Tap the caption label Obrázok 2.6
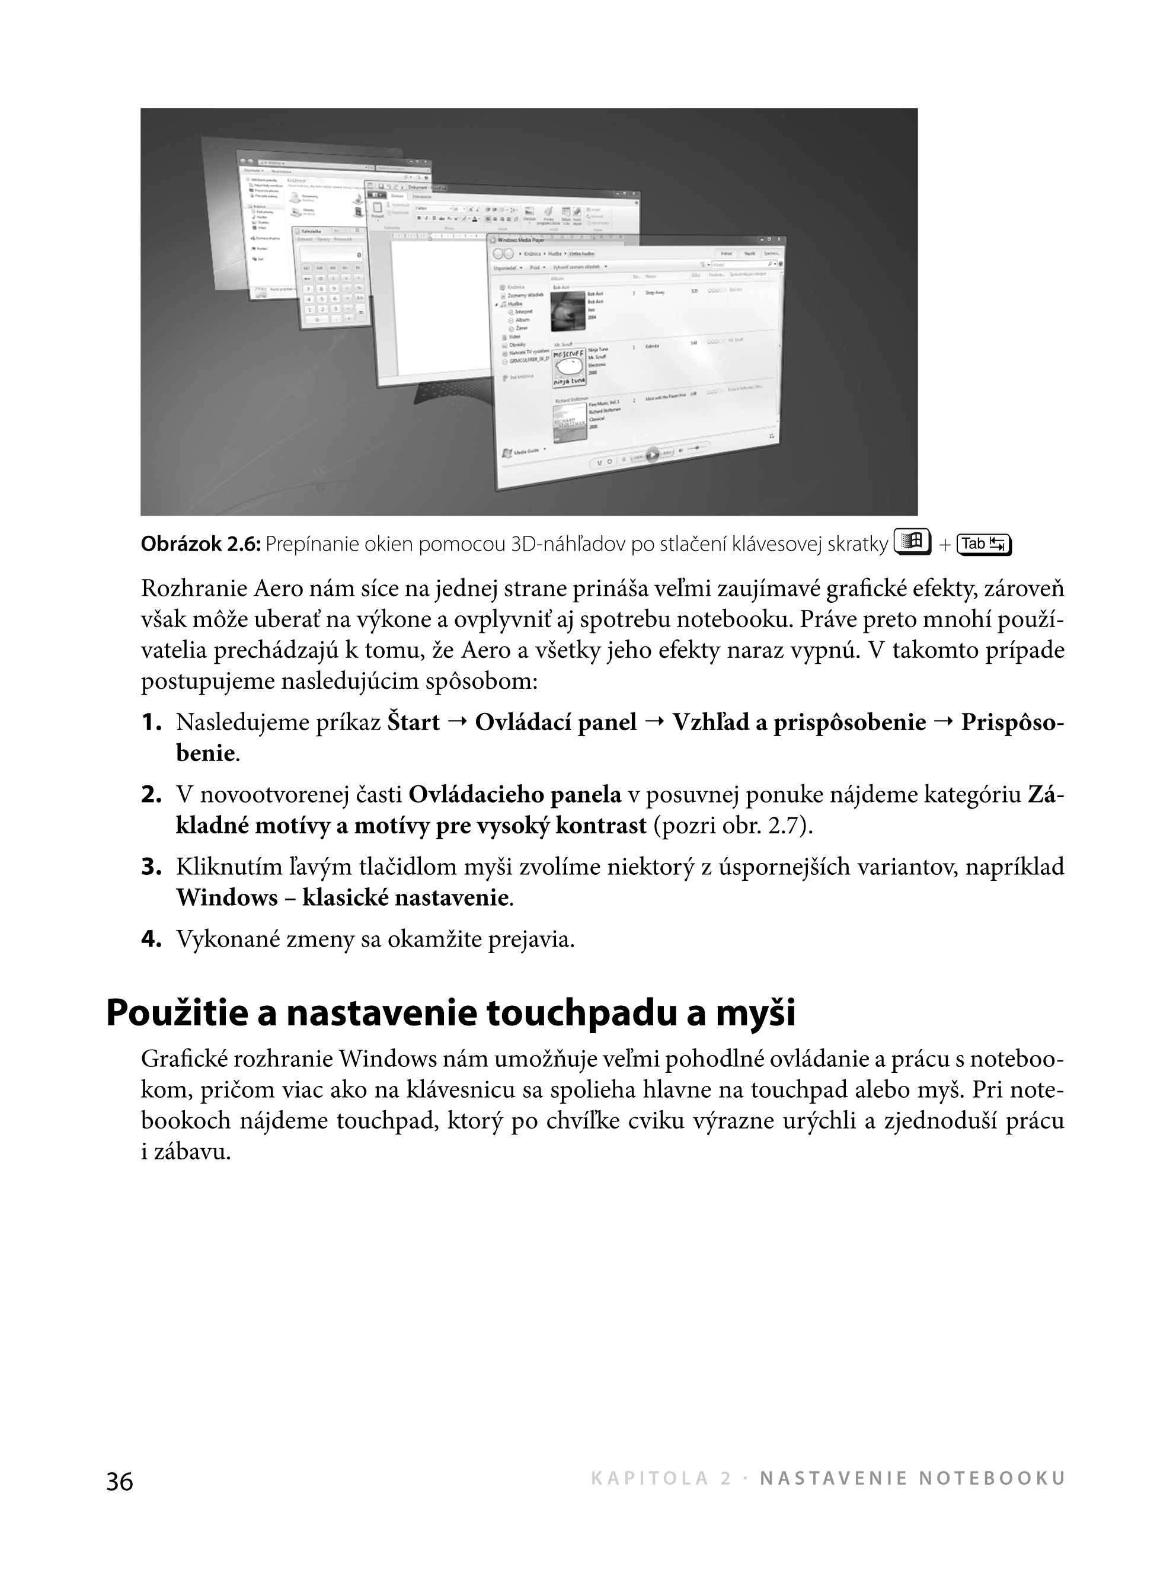[201, 545]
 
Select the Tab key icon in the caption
[984, 545]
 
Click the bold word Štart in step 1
[414, 723]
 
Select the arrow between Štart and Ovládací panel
[457, 723]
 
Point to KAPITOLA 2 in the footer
[660, 1479]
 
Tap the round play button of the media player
[652, 455]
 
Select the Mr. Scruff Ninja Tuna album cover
[569, 367]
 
